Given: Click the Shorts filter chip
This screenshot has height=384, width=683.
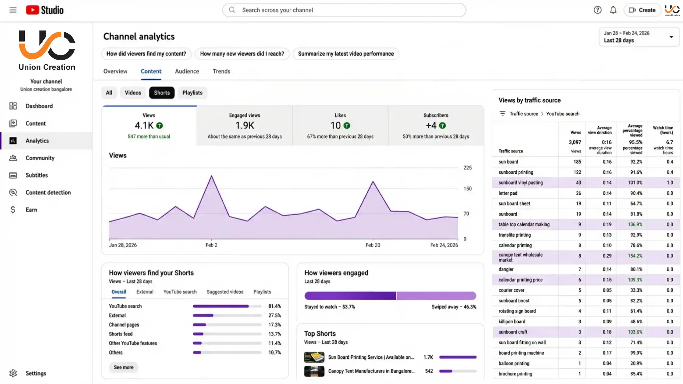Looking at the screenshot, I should click(162, 93).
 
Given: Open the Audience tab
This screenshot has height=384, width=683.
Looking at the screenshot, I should click(187, 71).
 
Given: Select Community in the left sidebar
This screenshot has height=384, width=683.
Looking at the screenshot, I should click(40, 158).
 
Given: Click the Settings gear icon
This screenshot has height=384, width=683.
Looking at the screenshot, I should click(13, 373).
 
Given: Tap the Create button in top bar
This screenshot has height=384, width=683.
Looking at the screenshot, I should click(642, 10).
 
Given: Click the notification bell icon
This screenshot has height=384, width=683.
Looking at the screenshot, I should click(613, 10).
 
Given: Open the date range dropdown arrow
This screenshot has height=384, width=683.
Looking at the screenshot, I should click(671, 37).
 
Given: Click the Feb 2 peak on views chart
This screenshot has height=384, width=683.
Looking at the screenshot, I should click(211, 176).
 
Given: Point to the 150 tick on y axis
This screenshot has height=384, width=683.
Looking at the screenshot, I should click(467, 189).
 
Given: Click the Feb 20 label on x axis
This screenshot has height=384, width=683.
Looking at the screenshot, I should click(373, 245).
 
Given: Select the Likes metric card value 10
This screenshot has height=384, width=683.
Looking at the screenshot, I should click(336, 126).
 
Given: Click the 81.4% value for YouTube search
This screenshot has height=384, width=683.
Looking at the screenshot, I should click(274, 306).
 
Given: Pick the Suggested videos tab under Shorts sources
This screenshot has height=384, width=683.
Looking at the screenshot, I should click(225, 292).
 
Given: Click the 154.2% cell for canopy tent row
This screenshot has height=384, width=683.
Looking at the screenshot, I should click(635, 256).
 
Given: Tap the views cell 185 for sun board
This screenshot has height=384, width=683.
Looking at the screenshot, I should click(577, 162).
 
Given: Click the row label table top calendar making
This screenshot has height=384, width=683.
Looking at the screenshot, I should click(524, 225).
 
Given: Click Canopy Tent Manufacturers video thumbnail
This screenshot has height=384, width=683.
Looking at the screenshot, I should click(314, 371).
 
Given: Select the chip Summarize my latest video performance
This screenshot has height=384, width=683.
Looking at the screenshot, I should click(346, 54).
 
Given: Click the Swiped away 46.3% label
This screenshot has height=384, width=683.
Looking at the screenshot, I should click(453, 307).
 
